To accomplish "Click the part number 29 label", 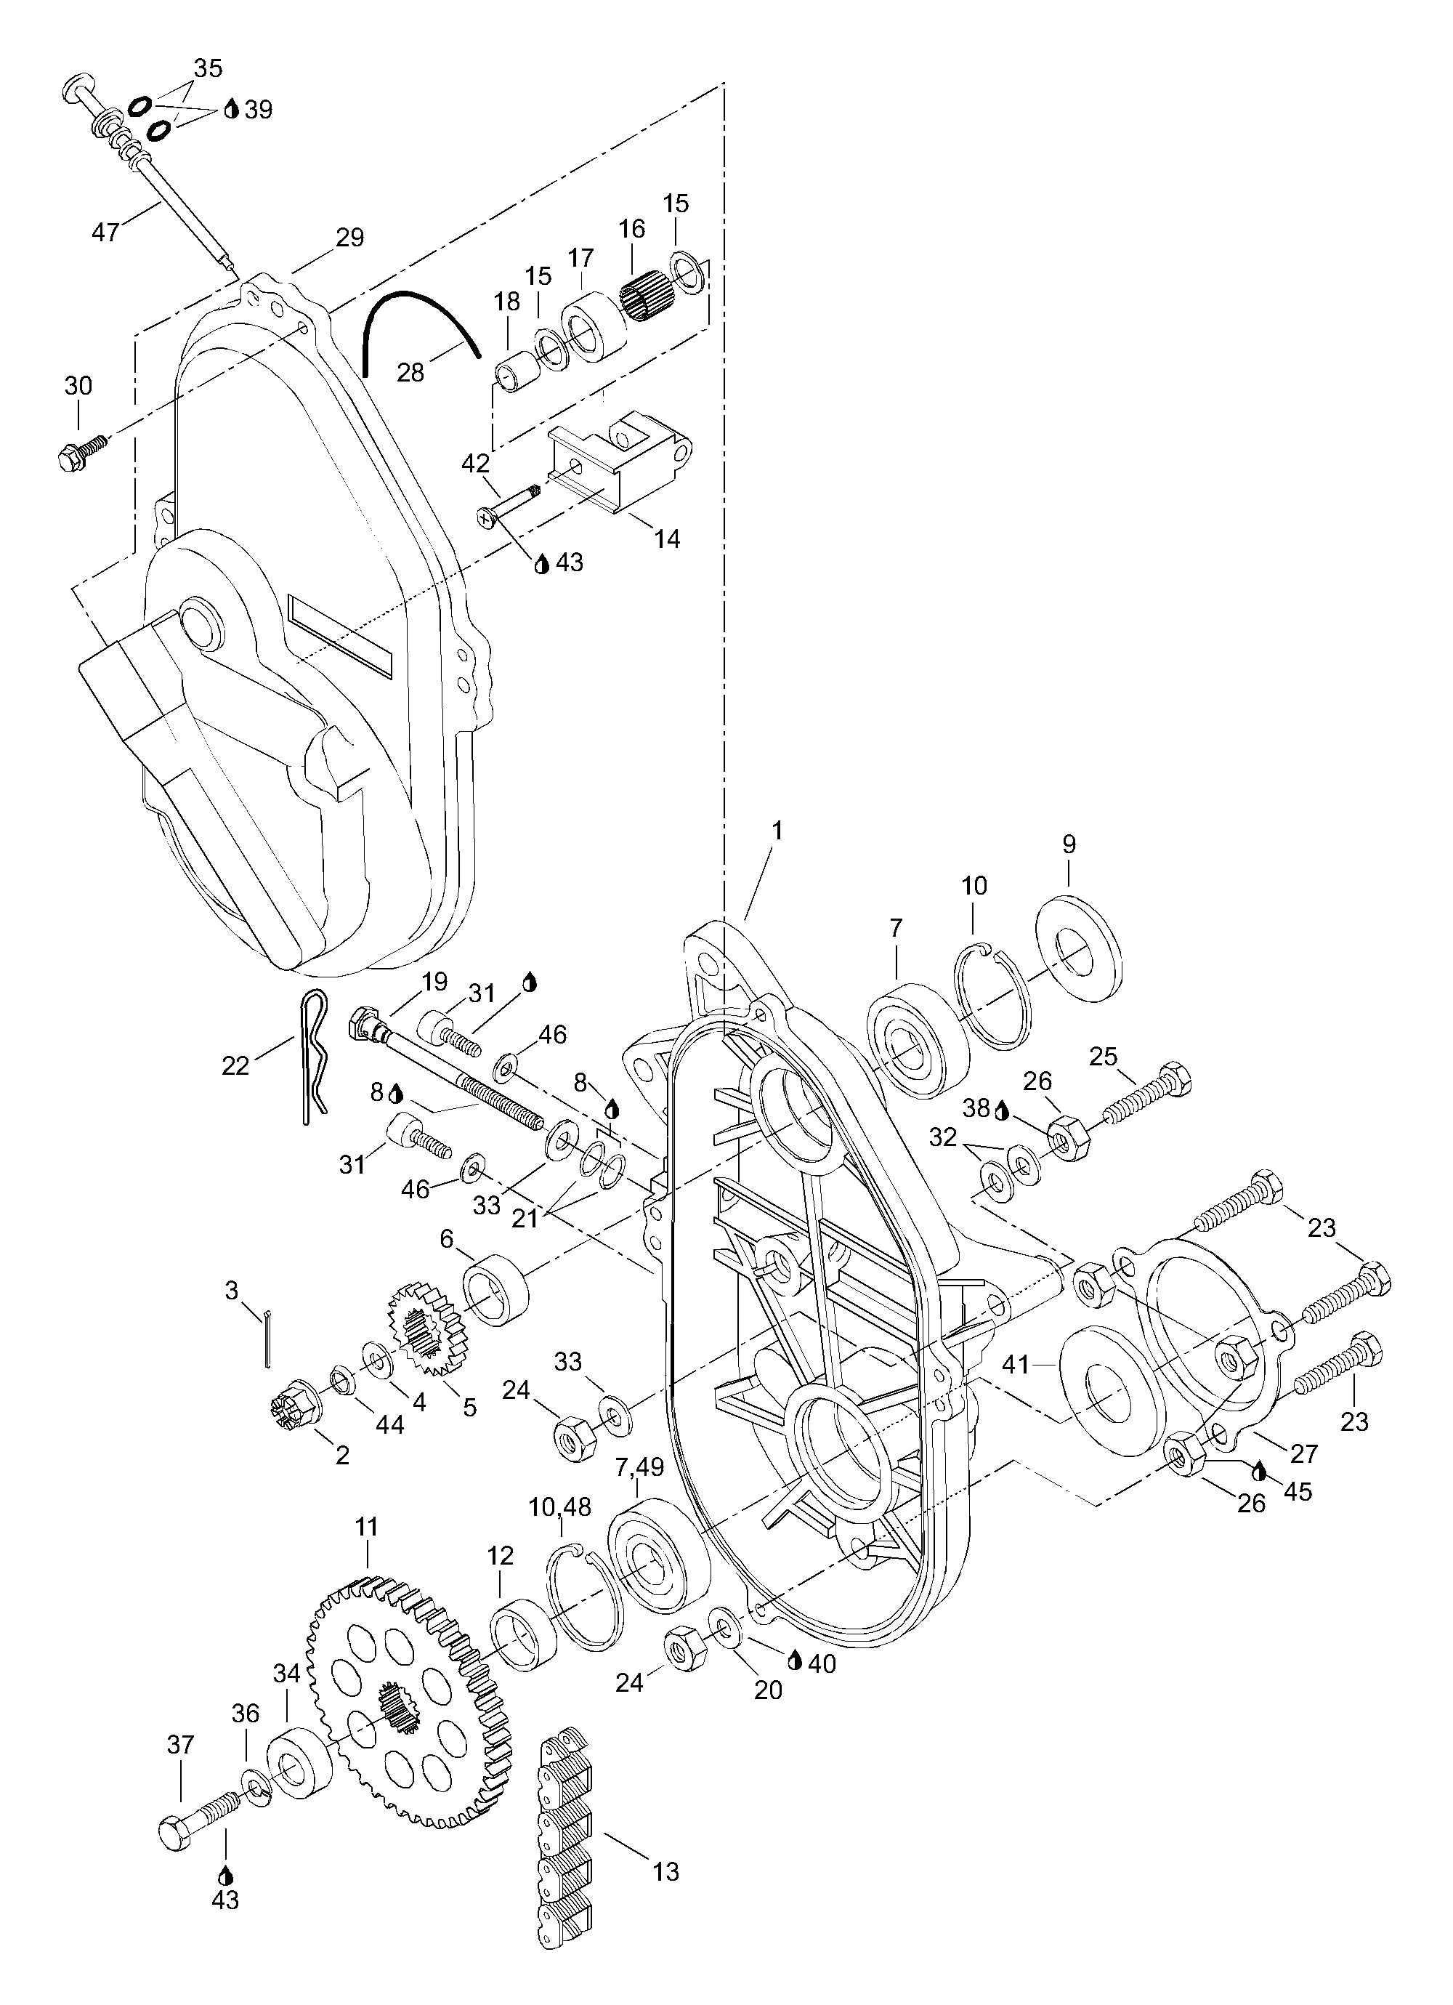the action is click(350, 238).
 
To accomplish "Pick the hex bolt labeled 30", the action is click(81, 449).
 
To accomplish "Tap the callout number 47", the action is click(106, 233).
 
